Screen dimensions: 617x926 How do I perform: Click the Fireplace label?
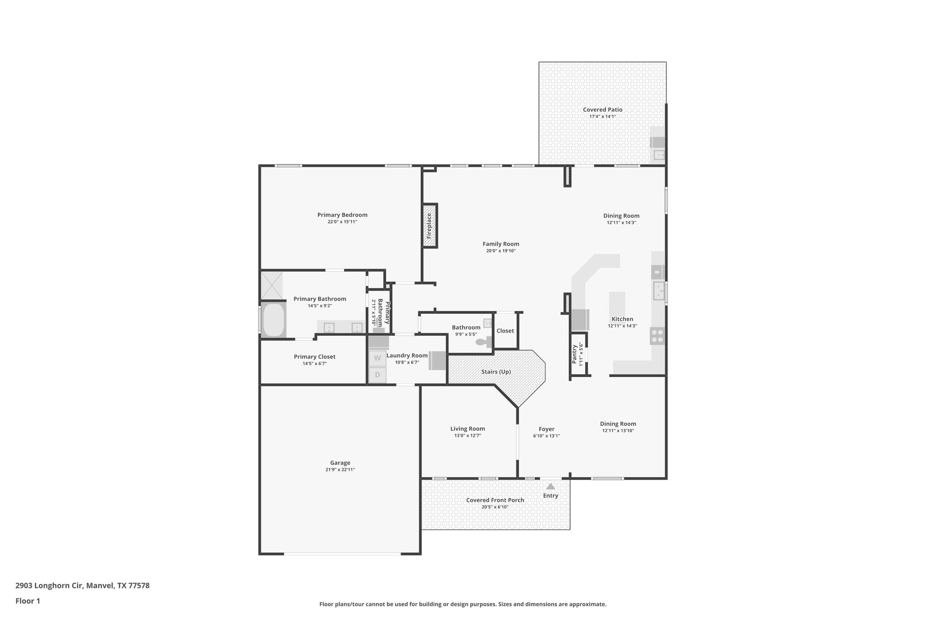pos(429,226)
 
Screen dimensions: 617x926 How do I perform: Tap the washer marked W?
pos(377,358)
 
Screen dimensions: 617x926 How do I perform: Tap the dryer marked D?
pos(377,375)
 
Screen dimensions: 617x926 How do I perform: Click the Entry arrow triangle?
pos(550,486)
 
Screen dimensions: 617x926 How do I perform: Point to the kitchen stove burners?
pos(657,336)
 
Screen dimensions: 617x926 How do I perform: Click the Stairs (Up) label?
pos(496,372)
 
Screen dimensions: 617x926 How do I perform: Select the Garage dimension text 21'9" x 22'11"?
pos(340,470)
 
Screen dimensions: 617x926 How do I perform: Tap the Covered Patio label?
pos(602,109)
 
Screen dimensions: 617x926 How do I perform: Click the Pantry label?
pos(574,354)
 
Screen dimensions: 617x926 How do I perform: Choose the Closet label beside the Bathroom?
pos(505,330)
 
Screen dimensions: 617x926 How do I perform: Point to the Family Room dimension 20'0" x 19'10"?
pos(501,251)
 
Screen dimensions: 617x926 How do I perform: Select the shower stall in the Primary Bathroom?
pos(272,285)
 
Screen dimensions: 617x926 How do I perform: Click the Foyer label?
pos(546,429)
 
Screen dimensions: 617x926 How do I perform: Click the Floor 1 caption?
pos(28,601)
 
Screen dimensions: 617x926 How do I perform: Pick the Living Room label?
pos(467,429)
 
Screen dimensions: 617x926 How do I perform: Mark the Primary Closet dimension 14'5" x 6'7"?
pos(314,363)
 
